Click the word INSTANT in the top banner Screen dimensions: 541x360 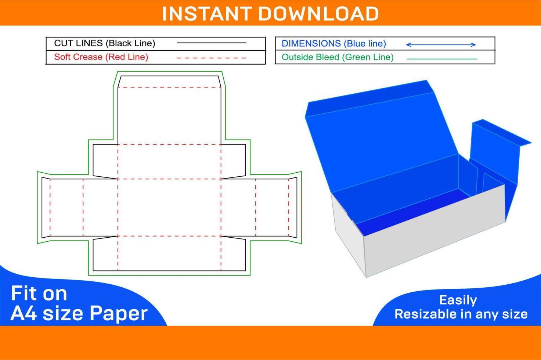tap(208, 14)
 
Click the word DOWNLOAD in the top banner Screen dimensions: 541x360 tap(318, 14)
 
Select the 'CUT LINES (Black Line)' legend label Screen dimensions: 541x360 tap(104, 43)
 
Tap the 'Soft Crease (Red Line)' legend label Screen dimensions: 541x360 tap(101, 57)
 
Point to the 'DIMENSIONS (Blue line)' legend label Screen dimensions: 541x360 tap(333, 44)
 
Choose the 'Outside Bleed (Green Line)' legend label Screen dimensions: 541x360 tap(337, 57)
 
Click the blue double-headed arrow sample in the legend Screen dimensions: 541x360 tap(441, 44)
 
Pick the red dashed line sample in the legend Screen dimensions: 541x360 tap(211, 58)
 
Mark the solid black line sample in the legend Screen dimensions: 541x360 tap(211, 43)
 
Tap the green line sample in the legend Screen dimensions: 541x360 tap(441, 59)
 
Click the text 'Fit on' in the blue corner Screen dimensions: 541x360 tap(39, 294)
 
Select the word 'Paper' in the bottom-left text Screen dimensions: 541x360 tap(118, 313)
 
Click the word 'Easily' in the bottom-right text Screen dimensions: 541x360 tap(458, 300)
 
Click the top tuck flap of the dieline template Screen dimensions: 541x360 tap(169, 82)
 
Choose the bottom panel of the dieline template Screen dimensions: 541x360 tap(169, 253)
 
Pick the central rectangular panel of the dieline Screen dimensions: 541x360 tap(169, 208)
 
